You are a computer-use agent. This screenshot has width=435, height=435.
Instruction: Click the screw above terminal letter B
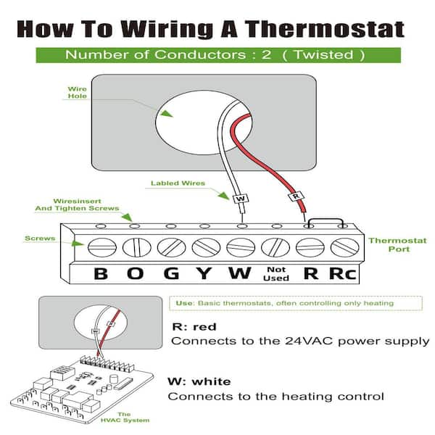tap(101, 247)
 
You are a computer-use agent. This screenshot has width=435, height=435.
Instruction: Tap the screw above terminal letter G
tap(171, 247)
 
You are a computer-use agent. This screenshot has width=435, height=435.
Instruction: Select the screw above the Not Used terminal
tap(275, 247)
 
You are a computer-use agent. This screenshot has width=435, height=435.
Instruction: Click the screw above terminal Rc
tap(344, 247)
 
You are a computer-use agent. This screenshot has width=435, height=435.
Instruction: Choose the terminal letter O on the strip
tap(136, 274)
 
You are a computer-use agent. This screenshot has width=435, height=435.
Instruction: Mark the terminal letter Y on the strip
tap(205, 274)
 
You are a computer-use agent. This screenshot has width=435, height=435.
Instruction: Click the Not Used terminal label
tap(275, 274)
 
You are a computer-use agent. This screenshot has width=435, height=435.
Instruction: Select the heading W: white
tap(199, 381)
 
